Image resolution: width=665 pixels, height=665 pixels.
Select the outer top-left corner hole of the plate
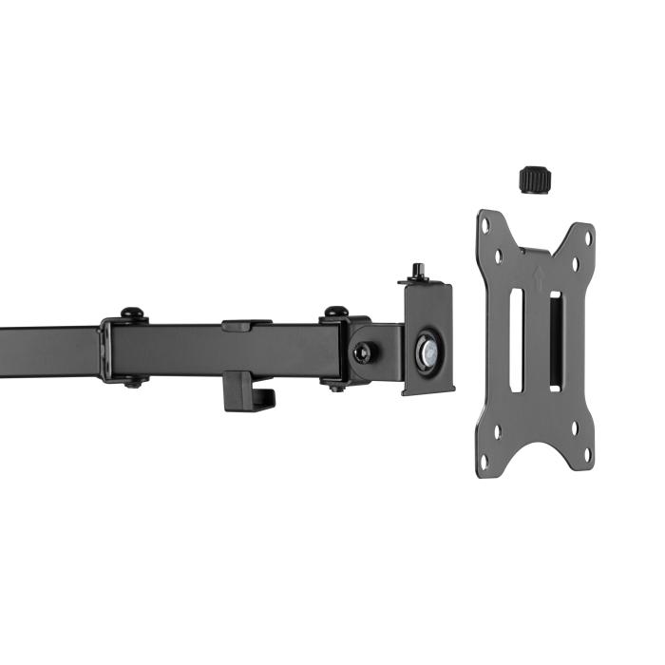tap(486, 226)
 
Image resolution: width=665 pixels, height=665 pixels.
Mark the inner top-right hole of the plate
tap(575, 260)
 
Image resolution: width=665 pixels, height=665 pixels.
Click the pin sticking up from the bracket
tap(417, 272)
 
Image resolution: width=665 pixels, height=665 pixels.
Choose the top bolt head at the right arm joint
tap(335, 312)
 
